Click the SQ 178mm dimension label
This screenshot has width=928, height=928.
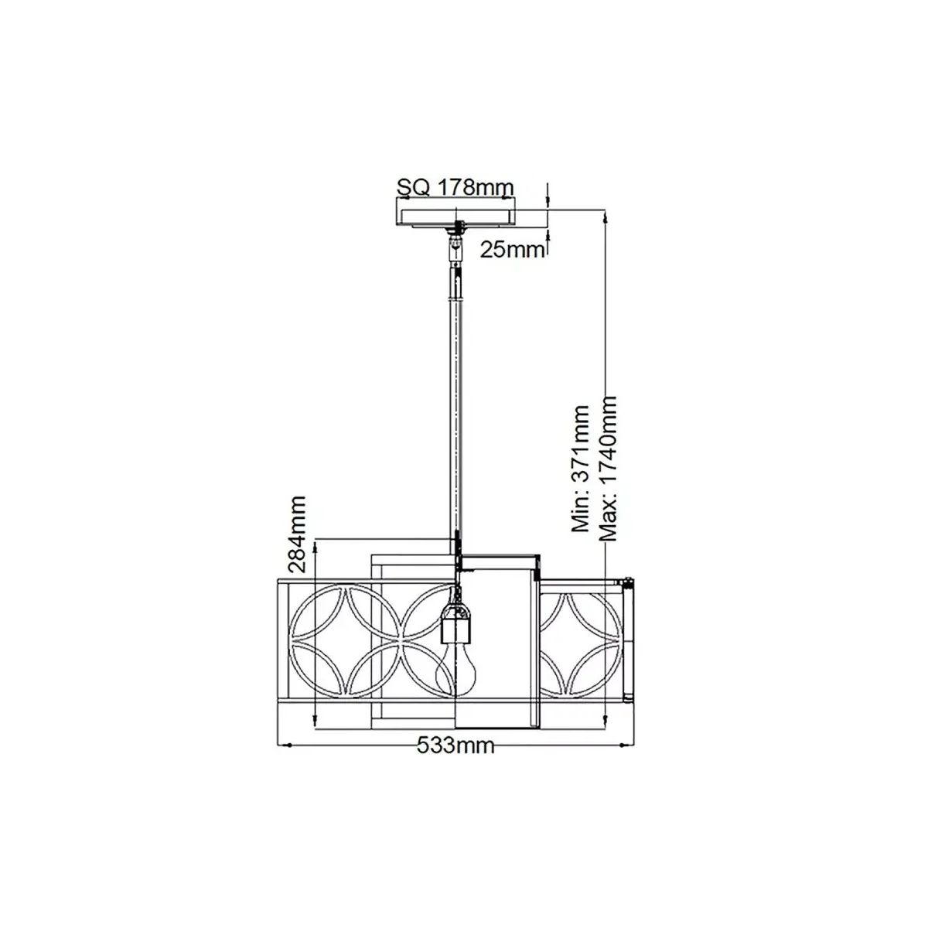(455, 187)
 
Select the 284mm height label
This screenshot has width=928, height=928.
(296, 534)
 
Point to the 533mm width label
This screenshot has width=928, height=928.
(455, 759)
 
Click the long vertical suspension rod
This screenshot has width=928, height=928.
(455, 419)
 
